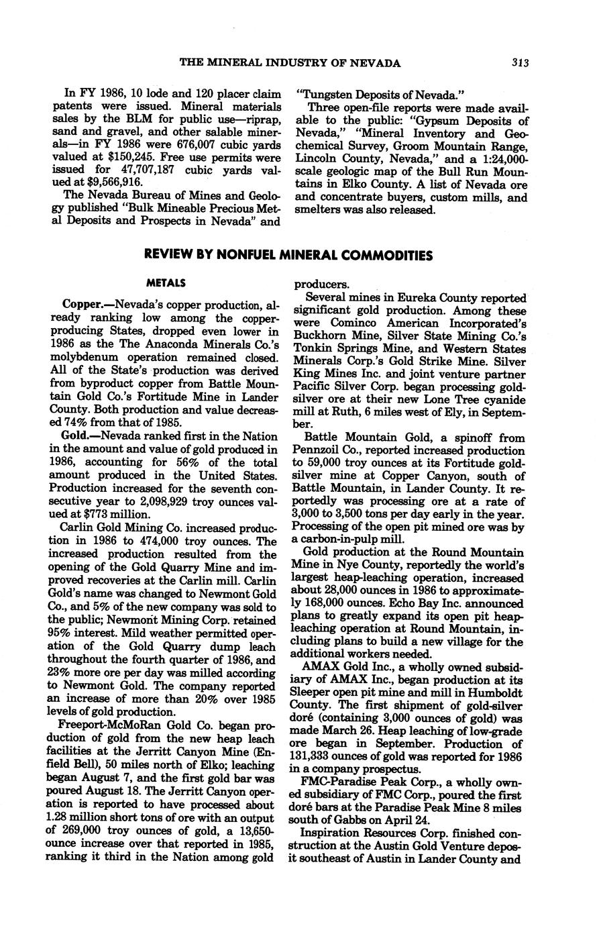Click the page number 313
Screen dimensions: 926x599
click(520, 63)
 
